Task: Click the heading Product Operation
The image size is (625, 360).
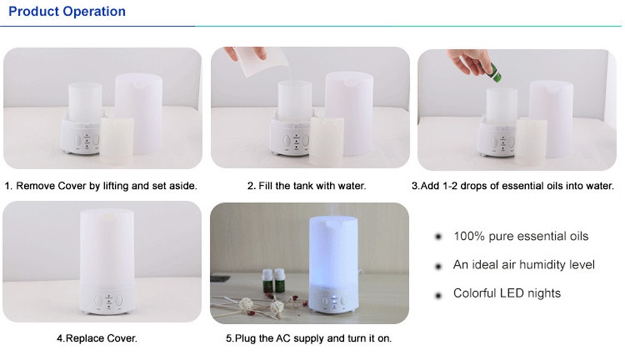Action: [x=67, y=11]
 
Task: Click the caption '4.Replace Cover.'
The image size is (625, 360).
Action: [x=97, y=339]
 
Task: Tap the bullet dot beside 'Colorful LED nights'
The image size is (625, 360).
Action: [x=439, y=296]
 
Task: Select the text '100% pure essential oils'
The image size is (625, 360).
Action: [x=521, y=236]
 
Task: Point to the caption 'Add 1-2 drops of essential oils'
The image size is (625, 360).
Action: [x=512, y=186]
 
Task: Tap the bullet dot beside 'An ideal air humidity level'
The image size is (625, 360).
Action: [x=439, y=266]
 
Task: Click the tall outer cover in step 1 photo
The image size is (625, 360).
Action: [x=139, y=114]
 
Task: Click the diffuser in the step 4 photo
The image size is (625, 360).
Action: [x=107, y=261]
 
